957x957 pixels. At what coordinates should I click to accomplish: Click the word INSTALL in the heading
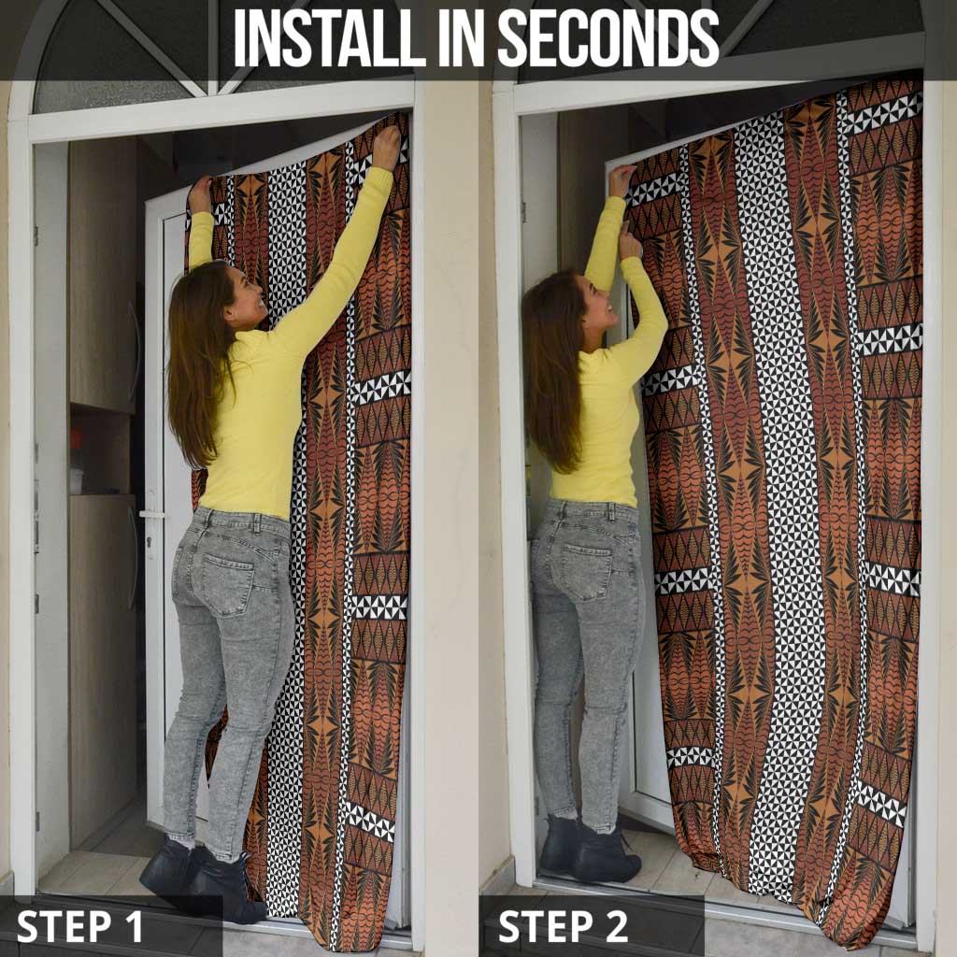[x=330, y=37]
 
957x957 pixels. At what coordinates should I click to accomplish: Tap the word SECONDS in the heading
[x=609, y=37]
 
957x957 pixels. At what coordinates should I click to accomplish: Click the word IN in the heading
[x=462, y=37]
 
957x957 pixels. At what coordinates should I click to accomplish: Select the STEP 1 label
[x=79, y=926]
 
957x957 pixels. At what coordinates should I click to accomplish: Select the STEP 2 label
[x=563, y=926]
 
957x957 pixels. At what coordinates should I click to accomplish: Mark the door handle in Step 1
[x=150, y=516]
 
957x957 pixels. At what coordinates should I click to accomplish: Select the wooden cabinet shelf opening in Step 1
[x=101, y=449]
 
